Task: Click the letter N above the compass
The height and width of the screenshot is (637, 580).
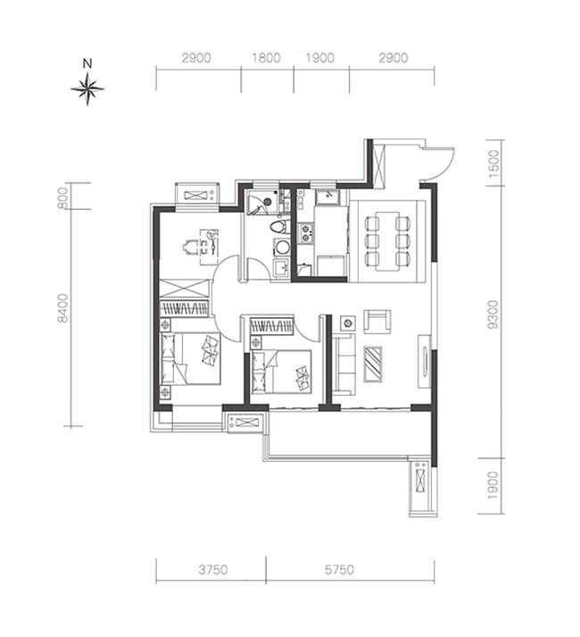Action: (87, 63)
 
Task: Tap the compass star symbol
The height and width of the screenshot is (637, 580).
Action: (87, 88)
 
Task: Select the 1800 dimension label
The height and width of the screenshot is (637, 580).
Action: (266, 58)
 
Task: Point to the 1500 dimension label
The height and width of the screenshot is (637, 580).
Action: (493, 163)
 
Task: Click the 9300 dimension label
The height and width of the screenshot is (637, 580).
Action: (493, 314)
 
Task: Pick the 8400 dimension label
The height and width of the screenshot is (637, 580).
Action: (63, 308)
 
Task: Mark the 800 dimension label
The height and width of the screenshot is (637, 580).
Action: (63, 197)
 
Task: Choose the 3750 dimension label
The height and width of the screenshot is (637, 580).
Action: (212, 570)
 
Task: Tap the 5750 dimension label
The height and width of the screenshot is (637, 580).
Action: (339, 570)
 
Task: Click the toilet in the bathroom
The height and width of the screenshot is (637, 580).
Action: (279, 227)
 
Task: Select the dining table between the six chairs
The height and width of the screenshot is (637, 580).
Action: (387, 240)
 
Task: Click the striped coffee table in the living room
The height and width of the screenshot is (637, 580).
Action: (373, 364)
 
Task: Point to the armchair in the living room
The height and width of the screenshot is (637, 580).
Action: (377, 322)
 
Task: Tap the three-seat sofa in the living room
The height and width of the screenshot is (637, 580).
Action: (344, 364)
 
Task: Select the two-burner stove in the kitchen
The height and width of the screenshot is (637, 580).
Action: (306, 233)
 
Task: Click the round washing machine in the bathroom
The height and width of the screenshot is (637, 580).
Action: (281, 247)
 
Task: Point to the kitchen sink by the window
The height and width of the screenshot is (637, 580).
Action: (327, 197)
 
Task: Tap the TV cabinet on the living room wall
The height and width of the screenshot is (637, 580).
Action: (424, 361)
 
